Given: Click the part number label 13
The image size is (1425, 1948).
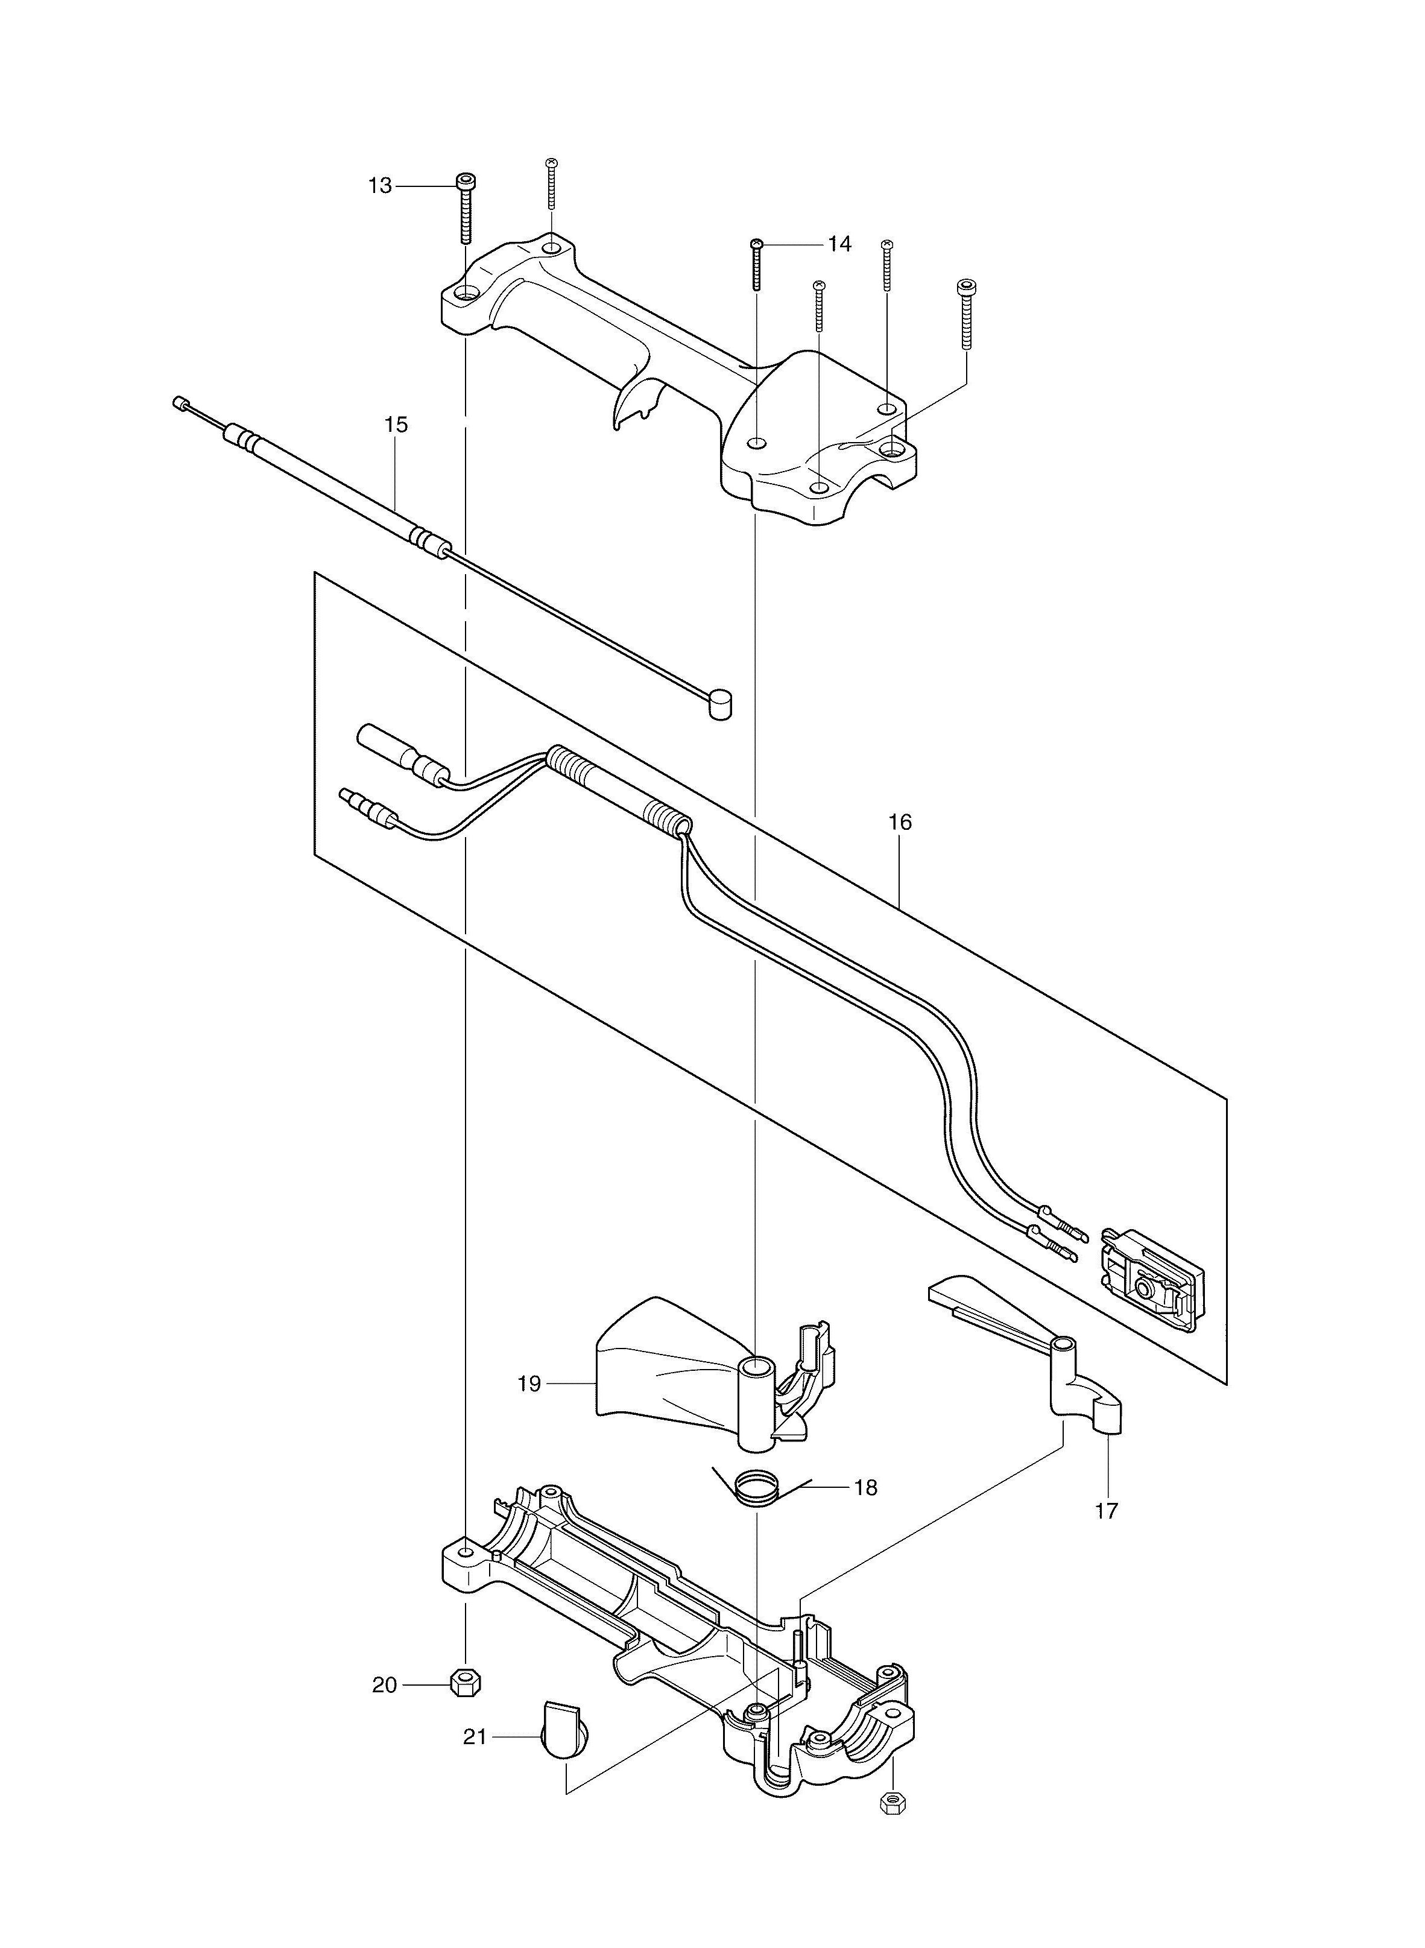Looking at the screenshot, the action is (x=379, y=186).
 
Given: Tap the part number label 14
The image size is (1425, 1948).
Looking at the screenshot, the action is (x=839, y=244).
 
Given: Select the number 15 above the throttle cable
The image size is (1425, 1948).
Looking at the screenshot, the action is (x=396, y=425).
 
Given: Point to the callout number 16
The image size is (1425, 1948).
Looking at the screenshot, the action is (x=900, y=822).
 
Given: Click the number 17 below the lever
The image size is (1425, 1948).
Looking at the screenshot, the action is (x=1107, y=1511).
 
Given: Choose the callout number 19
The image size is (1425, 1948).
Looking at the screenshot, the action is (x=529, y=1384).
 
